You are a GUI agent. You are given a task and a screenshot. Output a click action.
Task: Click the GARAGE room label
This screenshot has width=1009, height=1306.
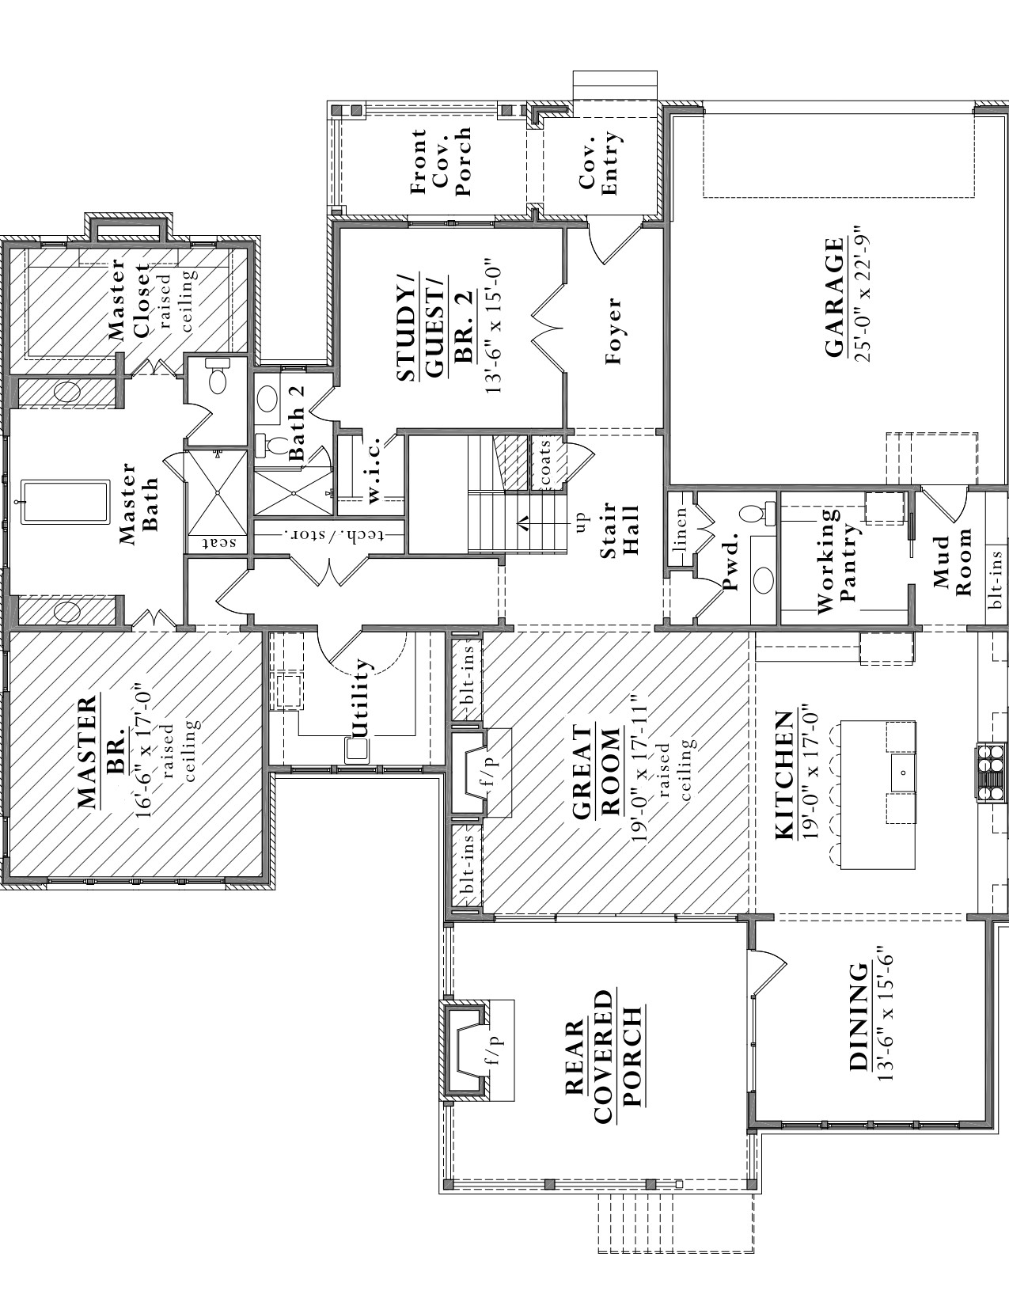pyautogui.click(x=833, y=298)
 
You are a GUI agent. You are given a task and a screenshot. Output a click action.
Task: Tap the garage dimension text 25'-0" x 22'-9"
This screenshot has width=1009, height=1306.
pyautogui.click(x=862, y=294)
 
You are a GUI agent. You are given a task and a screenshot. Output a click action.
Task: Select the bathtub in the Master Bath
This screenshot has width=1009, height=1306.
pyautogui.click(x=66, y=501)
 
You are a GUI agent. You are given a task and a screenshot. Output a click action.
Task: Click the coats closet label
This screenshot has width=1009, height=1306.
pyautogui.click(x=546, y=463)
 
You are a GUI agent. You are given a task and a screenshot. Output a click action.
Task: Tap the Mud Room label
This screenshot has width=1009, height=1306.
pyautogui.click(x=950, y=562)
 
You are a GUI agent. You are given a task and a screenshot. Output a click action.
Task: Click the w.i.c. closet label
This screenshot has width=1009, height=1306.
pyautogui.click(x=373, y=469)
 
